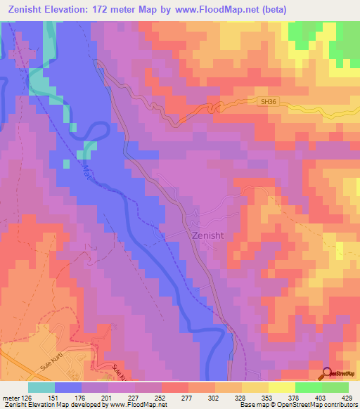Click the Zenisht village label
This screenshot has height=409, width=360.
click(207, 236)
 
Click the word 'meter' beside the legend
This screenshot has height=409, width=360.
click(10, 397)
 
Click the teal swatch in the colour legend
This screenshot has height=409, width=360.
click(41, 387)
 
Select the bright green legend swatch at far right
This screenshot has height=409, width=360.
click(335, 387)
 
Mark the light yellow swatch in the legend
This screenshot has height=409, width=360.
click(282, 387)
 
